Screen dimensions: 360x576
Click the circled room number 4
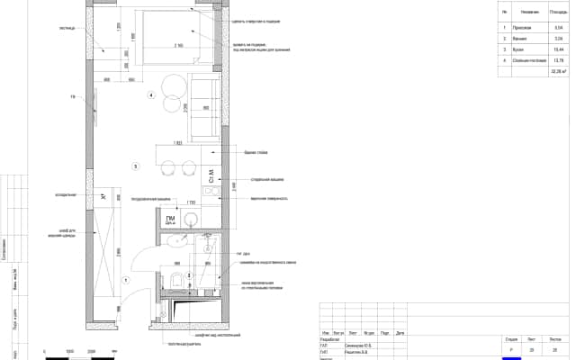pyautogui.click(x=151, y=95)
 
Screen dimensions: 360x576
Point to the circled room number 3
pyautogui.click(x=135, y=166)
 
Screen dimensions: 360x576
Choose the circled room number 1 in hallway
pyautogui.click(x=126, y=281)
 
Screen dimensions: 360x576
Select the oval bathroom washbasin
pyautogui.click(x=173, y=241)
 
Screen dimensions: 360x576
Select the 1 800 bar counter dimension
pyautogui.click(x=177, y=142)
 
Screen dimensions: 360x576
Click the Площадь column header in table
pyautogui.click(x=555, y=13)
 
